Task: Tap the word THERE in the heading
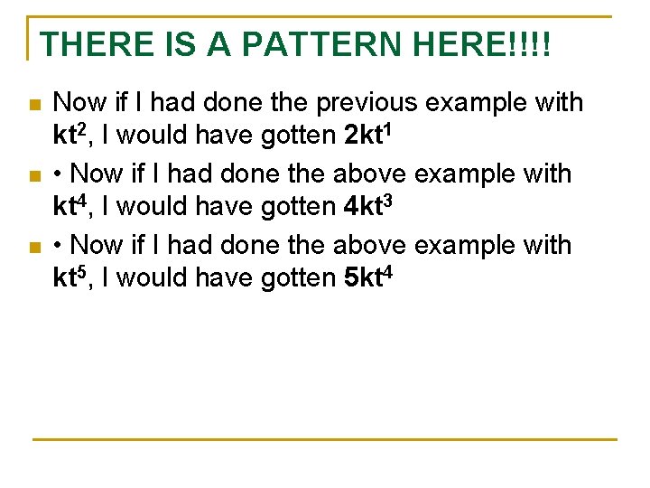point(87,45)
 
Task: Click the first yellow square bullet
point(35,106)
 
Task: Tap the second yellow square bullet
point(35,176)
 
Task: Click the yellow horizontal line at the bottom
point(325,439)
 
